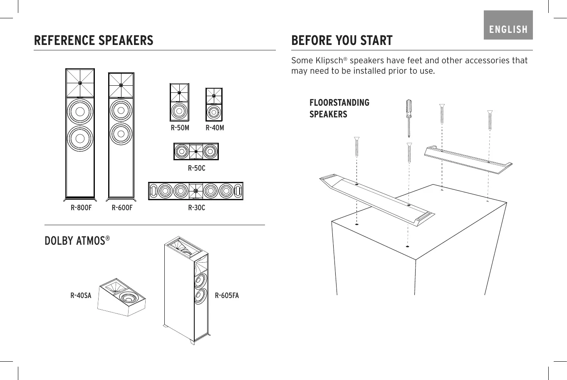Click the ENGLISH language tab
pos(508,29)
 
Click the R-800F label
pos(81,208)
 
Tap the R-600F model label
pos(122,208)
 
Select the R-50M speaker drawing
pos(179,102)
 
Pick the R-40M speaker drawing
pos(214,104)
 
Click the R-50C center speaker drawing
pos(196,152)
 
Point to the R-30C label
pos(196,208)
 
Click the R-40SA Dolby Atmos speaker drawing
pos(122,296)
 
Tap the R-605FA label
pos(227,296)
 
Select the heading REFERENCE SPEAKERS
pos(94,40)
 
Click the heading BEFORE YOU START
pos(342,40)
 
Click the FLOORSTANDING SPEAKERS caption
pos(339,108)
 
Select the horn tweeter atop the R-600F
pos(121,85)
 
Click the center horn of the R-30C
pos(196,191)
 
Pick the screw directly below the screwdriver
pos(409,153)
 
